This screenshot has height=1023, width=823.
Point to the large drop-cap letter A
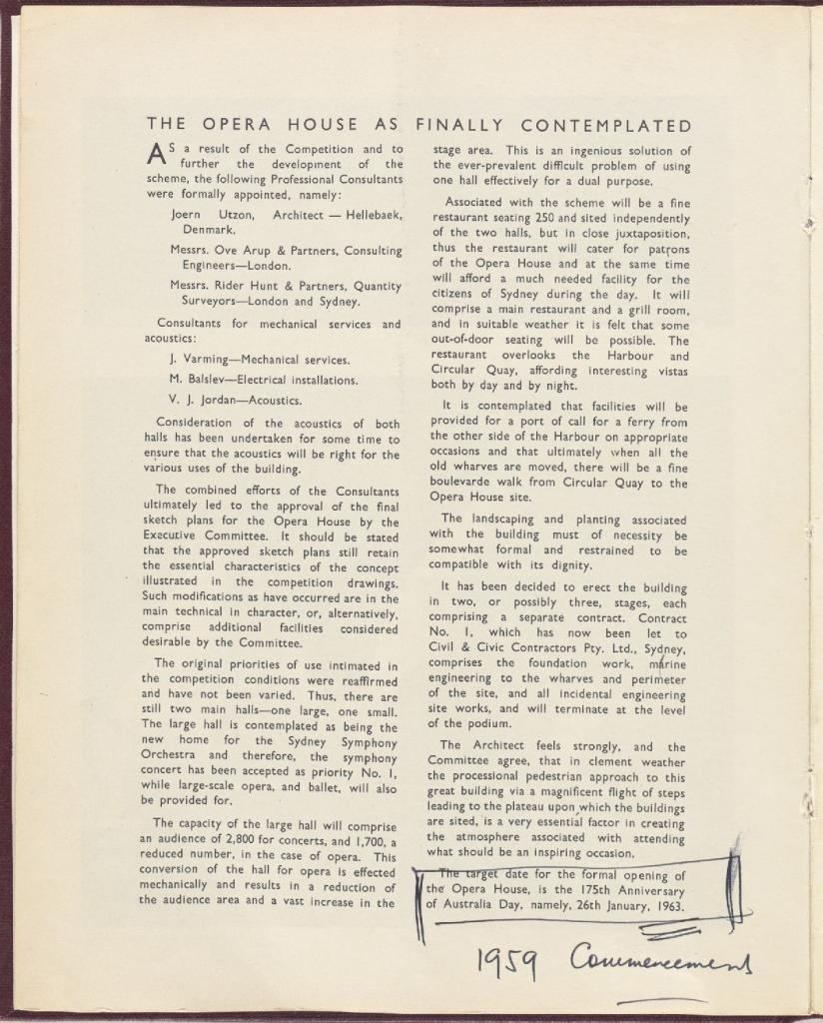tap(156, 152)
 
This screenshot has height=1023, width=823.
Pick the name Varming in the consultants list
tap(206, 359)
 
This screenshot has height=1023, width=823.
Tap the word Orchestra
tap(171, 756)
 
